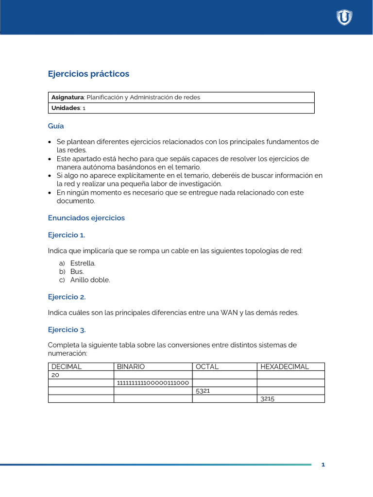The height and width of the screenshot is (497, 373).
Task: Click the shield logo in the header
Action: (x=344, y=17)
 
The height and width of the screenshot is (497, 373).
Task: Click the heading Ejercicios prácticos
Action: (x=88, y=74)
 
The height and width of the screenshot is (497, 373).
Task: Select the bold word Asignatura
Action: (x=67, y=97)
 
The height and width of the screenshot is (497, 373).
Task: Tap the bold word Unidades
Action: (x=66, y=108)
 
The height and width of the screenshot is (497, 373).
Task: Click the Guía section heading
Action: (x=56, y=126)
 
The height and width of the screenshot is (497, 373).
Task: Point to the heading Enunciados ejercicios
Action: (x=86, y=218)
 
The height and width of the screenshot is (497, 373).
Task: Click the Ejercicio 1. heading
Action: (x=67, y=235)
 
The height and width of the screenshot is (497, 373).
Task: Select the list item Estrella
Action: (x=83, y=263)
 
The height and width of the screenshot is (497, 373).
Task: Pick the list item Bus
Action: (x=77, y=271)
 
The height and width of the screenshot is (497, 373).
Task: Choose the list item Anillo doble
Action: (x=90, y=280)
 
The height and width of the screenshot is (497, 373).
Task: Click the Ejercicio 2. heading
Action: (x=67, y=297)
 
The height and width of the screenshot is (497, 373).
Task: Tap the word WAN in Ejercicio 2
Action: (x=229, y=313)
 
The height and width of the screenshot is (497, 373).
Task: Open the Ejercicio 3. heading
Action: (x=67, y=330)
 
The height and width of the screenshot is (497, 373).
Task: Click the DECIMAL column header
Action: (x=67, y=367)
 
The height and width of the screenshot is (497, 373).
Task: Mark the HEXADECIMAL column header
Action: (x=285, y=367)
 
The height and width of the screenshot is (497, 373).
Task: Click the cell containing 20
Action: (x=55, y=375)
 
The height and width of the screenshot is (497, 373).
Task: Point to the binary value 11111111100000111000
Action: (x=153, y=383)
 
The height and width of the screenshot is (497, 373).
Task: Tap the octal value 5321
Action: (x=203, y=391)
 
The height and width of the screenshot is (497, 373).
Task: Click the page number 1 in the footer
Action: (x=323, y=465)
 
